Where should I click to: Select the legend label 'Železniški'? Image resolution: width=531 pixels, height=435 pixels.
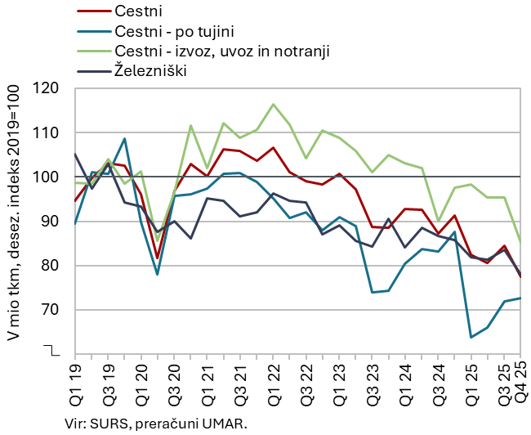[x=151, y=70]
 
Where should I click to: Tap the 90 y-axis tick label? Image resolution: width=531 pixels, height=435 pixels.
[x=54, y=221]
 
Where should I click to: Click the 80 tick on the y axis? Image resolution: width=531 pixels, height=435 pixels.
[x=54, y=266]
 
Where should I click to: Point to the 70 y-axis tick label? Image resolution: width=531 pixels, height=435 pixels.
[x=54, y=310]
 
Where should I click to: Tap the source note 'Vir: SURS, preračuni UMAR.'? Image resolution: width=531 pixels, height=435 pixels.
[x=155, y=424]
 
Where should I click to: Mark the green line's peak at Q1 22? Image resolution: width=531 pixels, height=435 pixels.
[x=273, y=105]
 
